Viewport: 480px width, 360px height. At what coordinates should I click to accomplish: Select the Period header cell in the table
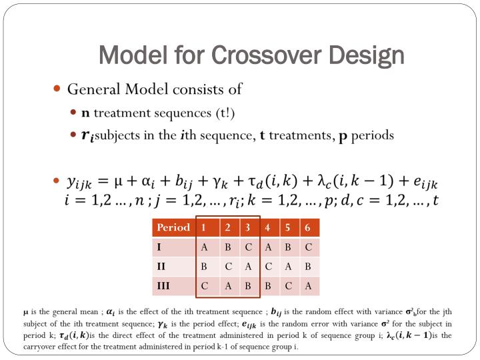173,227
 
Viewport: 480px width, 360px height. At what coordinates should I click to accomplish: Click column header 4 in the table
267,227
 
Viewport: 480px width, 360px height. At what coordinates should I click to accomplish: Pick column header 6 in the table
307,227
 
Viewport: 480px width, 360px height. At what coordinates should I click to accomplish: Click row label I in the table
159,247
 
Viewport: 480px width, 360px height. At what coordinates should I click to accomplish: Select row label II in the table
161,267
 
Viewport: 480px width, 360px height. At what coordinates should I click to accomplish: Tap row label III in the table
163,286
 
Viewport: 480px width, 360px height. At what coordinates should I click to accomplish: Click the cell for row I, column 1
205,247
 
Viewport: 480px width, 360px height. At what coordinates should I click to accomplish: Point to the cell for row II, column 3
247,267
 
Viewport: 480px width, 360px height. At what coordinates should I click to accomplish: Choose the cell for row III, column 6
308,286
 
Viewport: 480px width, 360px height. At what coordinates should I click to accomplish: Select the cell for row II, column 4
267,267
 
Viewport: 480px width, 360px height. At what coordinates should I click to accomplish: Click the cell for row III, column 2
227,286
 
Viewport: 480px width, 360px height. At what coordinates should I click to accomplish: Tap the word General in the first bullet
93,89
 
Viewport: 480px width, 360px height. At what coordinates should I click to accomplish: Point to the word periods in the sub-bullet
373,135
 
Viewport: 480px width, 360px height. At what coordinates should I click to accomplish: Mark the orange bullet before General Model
57,89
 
